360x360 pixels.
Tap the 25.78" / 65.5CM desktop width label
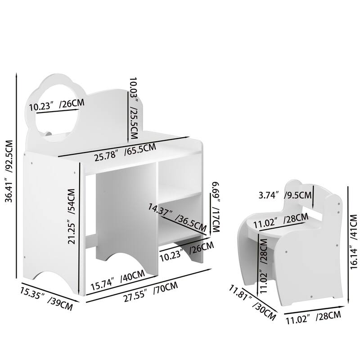pyautogui.click(x=125, y=153)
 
